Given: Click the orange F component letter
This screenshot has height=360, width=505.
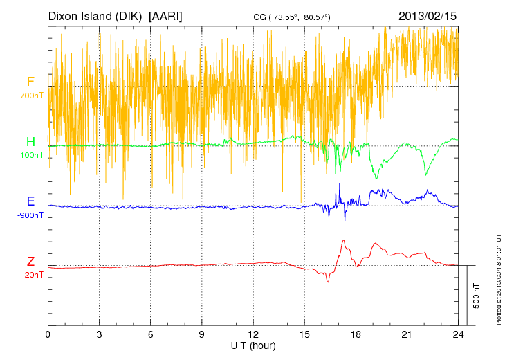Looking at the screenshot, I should [x=30, y=82].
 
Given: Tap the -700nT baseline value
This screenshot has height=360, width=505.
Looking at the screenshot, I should [x=30, y=96].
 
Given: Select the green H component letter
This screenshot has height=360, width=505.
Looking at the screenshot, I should [x=30, y=142].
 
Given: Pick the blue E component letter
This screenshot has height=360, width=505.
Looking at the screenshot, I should [x=30, y=202].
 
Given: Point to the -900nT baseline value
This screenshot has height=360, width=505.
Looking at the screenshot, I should [x=30, y=215].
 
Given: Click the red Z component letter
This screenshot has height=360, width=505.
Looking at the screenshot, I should [x=30, y=262].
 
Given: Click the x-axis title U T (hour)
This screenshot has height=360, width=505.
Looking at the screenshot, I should [x=253, y=345].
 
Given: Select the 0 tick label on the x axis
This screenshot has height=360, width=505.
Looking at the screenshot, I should [x=48, y=334].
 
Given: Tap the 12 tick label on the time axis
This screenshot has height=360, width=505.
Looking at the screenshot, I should [x=253, y=334].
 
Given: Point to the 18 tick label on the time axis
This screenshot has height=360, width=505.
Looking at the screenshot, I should [x=356, y=334].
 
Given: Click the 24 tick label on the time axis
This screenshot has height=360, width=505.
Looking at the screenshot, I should [x=459, y=334].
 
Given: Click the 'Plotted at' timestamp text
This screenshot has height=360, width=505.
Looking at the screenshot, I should [x=498, y=278].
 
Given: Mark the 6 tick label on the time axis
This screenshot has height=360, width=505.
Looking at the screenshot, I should [x=151, y=334].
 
